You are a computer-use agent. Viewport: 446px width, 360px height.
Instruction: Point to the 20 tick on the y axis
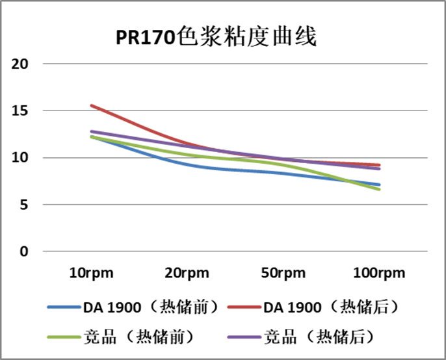[21, 64]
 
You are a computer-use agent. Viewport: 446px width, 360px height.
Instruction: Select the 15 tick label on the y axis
[21, 111]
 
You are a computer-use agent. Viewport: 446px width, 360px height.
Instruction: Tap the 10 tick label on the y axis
[21, 158]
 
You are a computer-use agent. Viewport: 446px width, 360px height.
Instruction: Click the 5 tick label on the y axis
[25, 205]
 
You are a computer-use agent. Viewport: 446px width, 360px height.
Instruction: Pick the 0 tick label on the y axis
[25, 251]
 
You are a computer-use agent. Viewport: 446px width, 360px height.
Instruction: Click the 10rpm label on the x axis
[91, 273]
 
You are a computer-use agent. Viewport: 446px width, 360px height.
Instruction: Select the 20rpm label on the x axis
[187, 273]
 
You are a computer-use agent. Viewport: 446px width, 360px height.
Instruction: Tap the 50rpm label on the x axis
[283, 273]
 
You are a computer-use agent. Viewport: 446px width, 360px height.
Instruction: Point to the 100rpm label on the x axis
[379, 273]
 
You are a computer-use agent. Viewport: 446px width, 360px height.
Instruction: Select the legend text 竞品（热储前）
[139, 337]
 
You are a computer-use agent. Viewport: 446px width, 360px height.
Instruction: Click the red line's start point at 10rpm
[91, 105]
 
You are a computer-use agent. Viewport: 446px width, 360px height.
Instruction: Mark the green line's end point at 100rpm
[379, 189]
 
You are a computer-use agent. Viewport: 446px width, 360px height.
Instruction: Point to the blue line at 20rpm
[187, 165]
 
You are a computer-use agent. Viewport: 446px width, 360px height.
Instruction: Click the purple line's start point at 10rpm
[91, 131]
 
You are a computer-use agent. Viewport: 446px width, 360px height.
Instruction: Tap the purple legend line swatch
[244, 337]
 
